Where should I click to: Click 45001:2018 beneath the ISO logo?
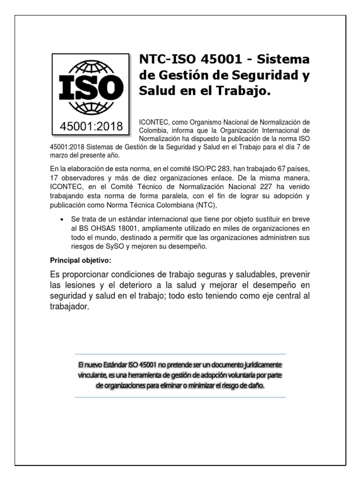tap(90, 126)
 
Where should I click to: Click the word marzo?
tap(60, 156)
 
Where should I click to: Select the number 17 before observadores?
tap(54, 178)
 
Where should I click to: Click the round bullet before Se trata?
tap(62, 220)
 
